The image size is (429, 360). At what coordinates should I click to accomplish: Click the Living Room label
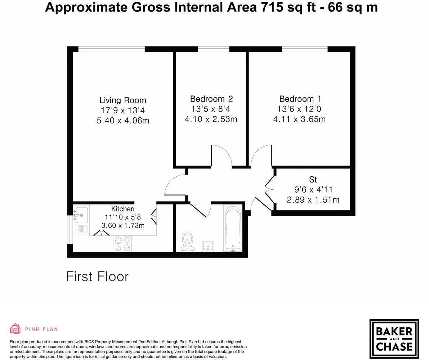(122, 100)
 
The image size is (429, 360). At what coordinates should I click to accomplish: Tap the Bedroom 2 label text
(211, 99)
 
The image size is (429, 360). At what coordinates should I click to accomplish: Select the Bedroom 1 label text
(300, 99)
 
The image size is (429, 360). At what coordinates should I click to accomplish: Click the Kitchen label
(122, 209)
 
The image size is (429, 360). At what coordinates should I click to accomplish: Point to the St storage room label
(313, 179)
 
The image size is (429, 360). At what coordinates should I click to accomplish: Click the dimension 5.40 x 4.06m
(122, 121)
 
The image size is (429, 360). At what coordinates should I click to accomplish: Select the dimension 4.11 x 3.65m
(299, 119)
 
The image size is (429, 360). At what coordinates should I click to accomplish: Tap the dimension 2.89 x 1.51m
(313, 199)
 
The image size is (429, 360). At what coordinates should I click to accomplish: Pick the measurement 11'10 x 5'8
(122, 217)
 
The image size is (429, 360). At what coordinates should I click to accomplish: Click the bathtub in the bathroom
(233, 229)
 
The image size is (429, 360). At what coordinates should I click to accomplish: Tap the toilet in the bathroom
(187, 242)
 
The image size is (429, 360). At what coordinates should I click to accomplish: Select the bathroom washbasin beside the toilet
(208, 247)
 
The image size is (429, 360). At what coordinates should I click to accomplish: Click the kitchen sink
(81, 215)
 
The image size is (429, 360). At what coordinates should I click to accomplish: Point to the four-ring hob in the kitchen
(123, 243)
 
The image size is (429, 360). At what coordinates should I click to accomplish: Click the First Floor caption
(97, 276)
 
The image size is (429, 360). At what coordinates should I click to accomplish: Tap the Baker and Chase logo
(394, 339)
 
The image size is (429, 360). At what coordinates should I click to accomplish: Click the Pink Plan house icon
(15, 329)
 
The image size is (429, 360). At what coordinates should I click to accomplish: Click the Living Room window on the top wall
(111, 49)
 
